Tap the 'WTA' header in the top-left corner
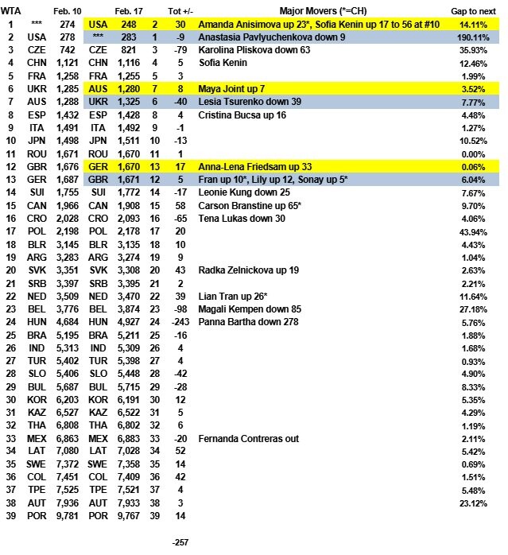[x=11, y=10]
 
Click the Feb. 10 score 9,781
[x=65, y=515]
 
